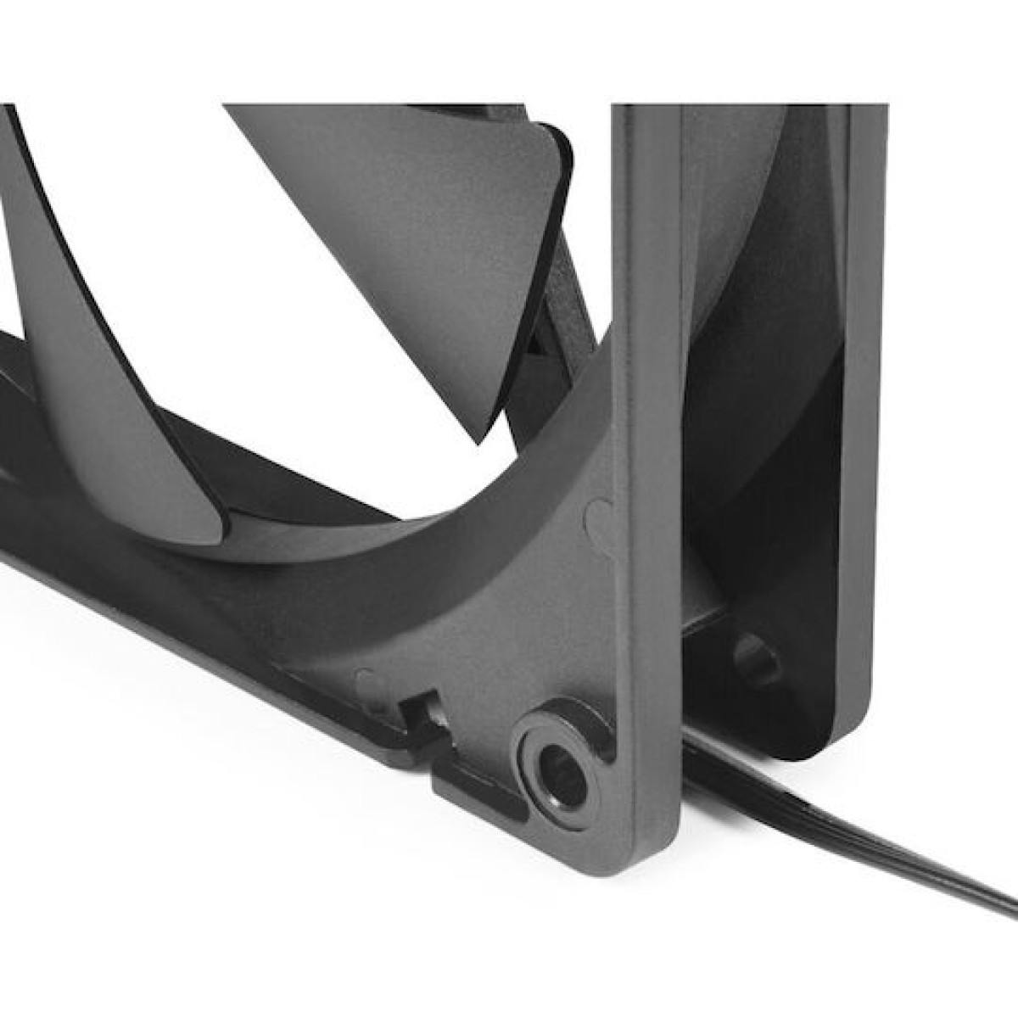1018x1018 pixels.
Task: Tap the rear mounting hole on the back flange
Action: tap(757, 657)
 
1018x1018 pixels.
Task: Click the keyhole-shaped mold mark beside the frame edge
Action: tap(601, 517)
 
